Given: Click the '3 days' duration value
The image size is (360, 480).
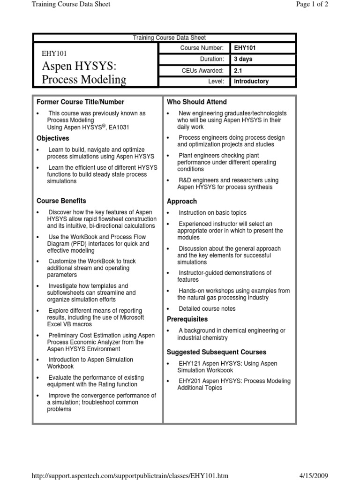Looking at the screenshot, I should [x=243, y=60].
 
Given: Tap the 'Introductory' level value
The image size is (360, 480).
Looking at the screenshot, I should [x=251, y=82].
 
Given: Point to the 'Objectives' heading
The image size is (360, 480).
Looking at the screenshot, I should [x=53, y=138].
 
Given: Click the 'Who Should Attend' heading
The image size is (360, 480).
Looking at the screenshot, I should [x=197, y=102].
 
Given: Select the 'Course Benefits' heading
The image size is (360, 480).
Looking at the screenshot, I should [x=61, y=201].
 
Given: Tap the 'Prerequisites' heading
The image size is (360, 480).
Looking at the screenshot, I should [x=187, y=319].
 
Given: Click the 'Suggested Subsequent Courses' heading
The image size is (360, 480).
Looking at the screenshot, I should [x=217, y=352].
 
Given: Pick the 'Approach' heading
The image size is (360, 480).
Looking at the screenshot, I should [x=182, y=201].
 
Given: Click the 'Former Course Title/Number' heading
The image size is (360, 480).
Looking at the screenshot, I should [x=81, y=102].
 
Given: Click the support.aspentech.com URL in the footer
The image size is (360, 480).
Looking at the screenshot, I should [x=130, y=476].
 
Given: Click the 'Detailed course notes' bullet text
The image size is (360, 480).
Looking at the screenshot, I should [x=207, y=308].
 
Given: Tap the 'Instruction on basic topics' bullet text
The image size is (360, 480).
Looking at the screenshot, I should [x=212, y=213].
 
